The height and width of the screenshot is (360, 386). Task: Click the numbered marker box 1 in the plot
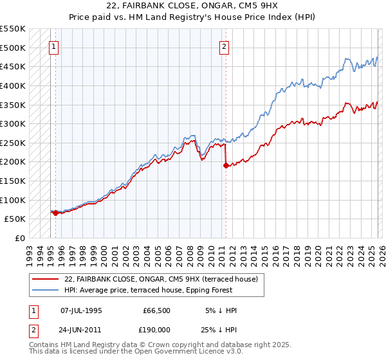(x=53, y=46)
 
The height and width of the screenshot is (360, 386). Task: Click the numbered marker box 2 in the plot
(x=224, y=46)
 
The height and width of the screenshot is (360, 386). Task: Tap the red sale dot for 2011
(x=226, y=165)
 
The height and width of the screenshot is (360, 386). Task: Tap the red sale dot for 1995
(x=55, y=213)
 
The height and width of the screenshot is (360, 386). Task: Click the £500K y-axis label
(x=13, y=48)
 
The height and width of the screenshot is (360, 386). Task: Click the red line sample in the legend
(x=45, y=279)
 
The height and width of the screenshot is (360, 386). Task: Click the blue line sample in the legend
(x=45, y=290)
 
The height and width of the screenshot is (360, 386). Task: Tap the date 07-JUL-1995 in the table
(x=81, y=310)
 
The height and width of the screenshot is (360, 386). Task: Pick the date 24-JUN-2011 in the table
(x=81, y=331)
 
